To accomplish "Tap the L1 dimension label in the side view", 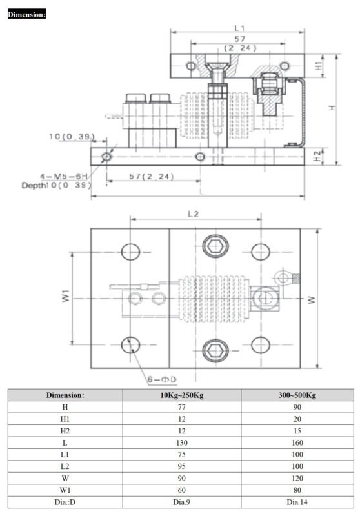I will pos(239,28).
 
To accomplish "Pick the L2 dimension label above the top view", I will pos(194,213).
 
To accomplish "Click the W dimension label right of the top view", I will pos(311,299).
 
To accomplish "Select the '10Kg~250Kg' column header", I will pos(182,395).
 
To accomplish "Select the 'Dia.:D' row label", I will pos(65,502).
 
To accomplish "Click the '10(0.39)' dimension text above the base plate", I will pos(72,137).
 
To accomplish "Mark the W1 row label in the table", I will pos(65,490).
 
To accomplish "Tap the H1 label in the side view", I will pos(317,65).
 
